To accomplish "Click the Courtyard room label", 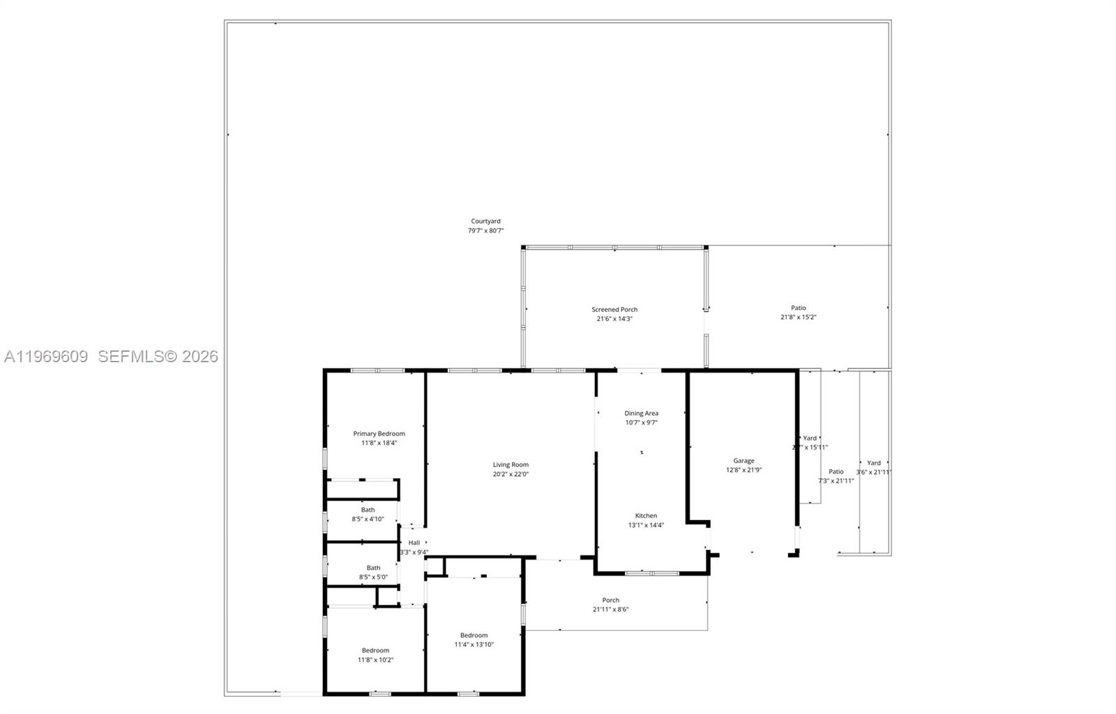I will tap(485, 221).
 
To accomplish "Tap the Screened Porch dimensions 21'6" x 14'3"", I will tap(614, 319).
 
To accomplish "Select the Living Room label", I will tap(511, 465).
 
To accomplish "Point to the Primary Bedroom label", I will tap(379, 433).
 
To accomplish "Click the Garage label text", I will tap(744, 461).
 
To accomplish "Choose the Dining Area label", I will tap(641, 413).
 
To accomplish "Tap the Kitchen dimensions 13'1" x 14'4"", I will tap(646, 525).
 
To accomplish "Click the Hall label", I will tap(414, 542).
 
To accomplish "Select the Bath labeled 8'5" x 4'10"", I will tap(368, 514).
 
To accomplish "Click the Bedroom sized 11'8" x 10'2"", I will tap(375, 655).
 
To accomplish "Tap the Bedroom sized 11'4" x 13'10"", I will tap(474, 639).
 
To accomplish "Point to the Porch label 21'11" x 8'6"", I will tap(610, 604).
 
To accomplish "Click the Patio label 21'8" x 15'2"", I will tap(798, 312).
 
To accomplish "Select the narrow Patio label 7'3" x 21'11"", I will tap(836, 476).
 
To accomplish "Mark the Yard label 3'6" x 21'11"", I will tap(873, 467).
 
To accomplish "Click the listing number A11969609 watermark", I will tap(46, 357).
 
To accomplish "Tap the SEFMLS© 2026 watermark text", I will tap(158, 357).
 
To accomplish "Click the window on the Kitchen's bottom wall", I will tap(651, 573).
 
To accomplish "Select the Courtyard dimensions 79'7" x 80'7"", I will tap(485, 230).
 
